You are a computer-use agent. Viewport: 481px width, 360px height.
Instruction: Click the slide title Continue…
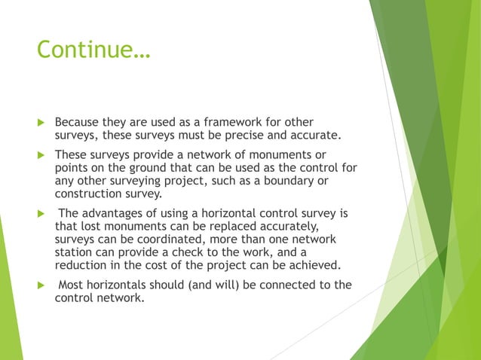click(94, 50)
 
